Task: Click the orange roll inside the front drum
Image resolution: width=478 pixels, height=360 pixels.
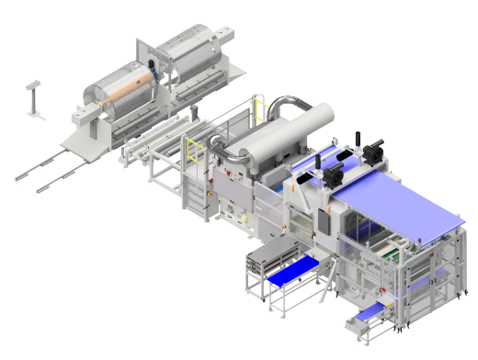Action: point(125,91)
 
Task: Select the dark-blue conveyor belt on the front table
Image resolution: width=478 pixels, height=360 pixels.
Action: point(292,273)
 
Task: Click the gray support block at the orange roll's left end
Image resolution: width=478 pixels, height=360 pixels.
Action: point(85,115)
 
